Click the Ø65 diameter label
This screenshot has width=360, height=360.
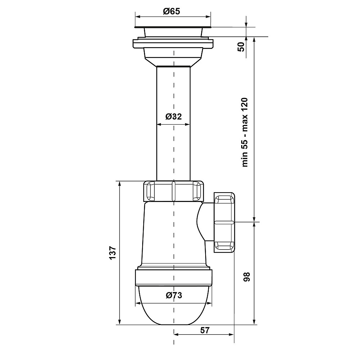[171, 11]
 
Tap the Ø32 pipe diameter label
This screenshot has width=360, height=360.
[174, 117]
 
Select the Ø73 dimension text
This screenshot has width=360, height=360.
[174, 295]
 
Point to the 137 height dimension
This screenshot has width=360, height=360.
[112, 253]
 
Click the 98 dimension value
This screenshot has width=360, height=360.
[246, 276]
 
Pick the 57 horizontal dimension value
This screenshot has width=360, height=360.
[205, 330]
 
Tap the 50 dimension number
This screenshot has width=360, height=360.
[241, 47]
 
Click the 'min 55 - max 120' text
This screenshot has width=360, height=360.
[245, 132]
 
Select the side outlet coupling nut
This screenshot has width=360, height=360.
[225, 222]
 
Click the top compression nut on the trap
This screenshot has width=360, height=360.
[174, 191]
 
